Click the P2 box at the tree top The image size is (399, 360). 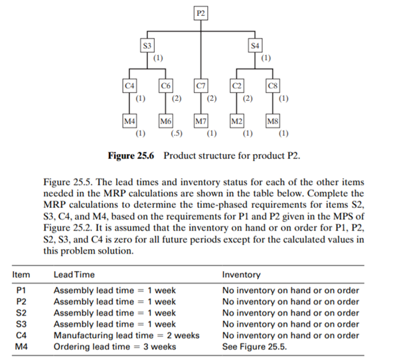click(200, 12)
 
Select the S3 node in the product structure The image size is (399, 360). click(147, 46)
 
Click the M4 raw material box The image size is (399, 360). click(129, 122)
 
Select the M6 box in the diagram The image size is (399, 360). click(165, 122)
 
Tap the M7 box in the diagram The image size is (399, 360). click(200, 122)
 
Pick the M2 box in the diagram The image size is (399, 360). click(237, 122)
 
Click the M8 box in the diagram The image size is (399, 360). click(272, 122)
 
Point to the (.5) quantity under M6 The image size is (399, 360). click(177, 135)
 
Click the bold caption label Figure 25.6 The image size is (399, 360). click(132, 156)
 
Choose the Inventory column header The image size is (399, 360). click(241, 274)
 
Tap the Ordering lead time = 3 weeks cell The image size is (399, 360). click(115, 346)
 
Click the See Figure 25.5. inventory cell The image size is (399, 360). click(255, 346)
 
